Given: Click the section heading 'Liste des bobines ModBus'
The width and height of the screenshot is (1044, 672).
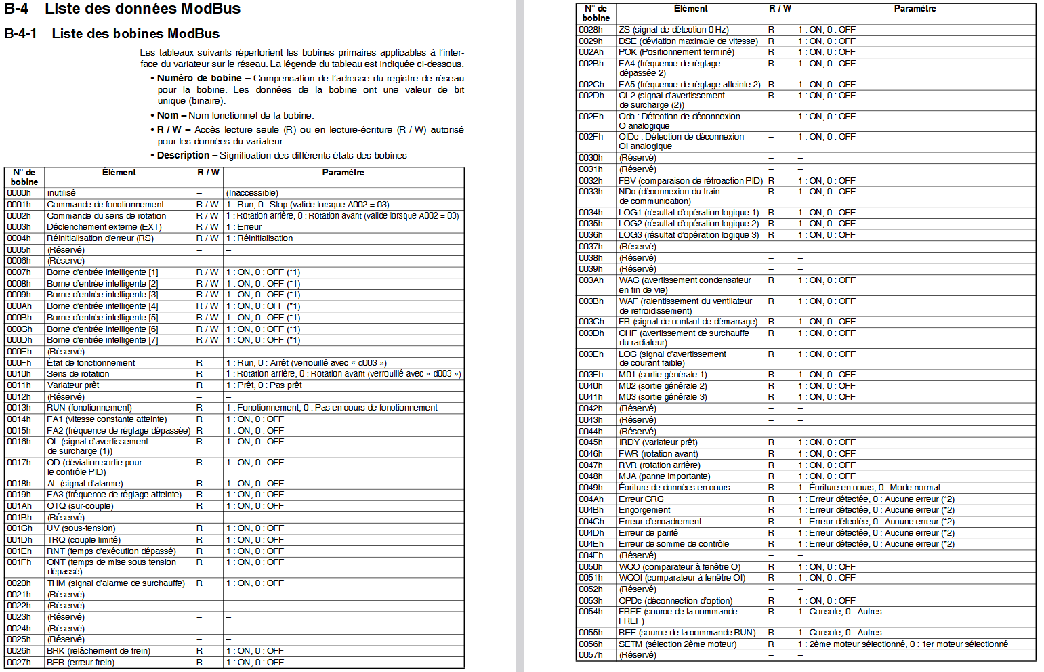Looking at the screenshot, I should pos(135,34).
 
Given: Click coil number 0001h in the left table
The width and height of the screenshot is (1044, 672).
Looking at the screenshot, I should pos(19,205).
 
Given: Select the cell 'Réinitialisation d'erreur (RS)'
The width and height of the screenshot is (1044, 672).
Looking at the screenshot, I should pos(100,238).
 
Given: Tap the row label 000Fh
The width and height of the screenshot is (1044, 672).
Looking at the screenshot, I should pos(19,363).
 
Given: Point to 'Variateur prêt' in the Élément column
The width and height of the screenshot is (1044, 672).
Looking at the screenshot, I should pos(73,385).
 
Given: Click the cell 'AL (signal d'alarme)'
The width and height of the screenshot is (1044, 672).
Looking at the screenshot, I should pos(85,484).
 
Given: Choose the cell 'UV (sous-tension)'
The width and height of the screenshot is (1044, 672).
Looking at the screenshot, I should pos(81,528).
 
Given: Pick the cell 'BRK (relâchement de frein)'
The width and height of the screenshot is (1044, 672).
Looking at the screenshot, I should pos(99,651).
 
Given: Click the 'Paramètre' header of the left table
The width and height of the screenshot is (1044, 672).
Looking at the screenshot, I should pos(343,173).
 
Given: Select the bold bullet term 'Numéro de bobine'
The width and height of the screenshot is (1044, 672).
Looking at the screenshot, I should pos(199,79).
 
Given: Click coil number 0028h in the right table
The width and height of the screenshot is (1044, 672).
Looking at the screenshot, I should pos(591,30).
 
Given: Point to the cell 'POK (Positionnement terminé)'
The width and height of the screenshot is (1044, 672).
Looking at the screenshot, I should pos(676,52).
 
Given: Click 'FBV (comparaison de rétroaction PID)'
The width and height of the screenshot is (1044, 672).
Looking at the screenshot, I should pos(690,181).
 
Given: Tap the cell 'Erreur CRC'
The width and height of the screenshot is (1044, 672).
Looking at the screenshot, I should pos(641,499).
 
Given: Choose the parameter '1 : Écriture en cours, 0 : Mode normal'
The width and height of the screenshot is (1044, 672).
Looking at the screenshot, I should pos(869,488).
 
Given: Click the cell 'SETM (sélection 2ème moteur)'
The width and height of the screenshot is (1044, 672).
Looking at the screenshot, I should pos(677,644).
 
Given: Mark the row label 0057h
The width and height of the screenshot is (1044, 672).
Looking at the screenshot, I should pos(591,655).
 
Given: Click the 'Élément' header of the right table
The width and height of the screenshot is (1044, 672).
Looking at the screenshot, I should pos(691,9).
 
